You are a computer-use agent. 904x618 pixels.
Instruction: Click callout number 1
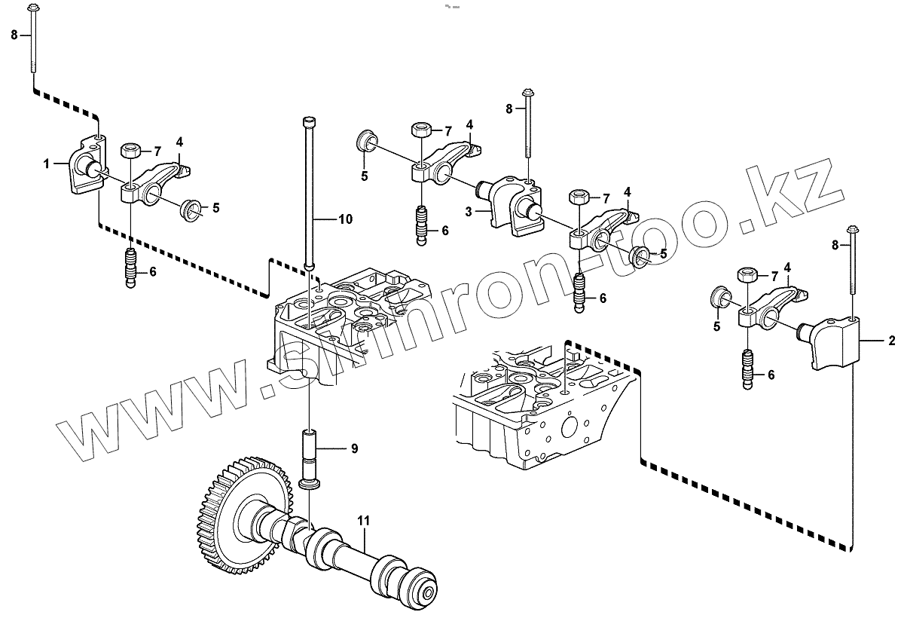click(46, 163)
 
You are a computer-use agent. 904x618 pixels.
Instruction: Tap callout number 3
click(469, 213)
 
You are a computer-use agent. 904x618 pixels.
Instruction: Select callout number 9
click(353, 449)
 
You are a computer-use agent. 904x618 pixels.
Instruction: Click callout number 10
click(344, 220)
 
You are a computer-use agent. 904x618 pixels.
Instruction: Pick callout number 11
click(364, 521)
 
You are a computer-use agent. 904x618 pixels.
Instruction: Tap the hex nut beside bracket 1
click(129, 148)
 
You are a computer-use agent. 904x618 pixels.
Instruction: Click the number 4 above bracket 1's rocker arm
click(179, 142)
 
